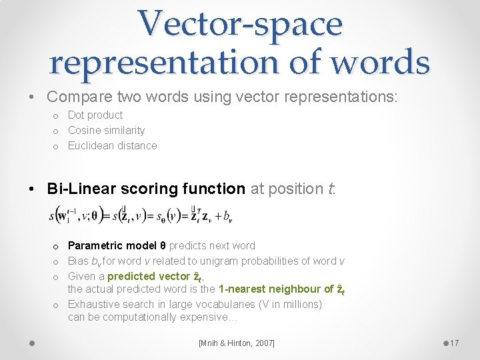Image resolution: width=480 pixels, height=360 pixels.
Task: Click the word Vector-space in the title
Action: (x=240, y=23)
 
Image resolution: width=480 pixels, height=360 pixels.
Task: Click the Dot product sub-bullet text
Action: (x=95, y=115)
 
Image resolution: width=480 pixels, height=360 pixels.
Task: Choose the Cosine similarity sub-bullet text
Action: (x=106, y=130)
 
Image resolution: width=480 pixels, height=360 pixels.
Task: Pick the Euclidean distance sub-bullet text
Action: (x=112, y=145)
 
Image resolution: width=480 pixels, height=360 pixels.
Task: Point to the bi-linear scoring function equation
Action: (x=141, y=215)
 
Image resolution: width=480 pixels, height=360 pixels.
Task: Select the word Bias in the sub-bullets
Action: (x=79, y=261)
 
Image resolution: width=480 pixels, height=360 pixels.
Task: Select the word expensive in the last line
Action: (x=203, y=317)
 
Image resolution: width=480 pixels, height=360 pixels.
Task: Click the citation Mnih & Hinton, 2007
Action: (x=236, y=343)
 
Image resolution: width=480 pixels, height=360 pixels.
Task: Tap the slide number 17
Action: (x=454, y=343)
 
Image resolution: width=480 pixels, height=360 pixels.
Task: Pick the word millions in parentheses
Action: (x=299, y=304)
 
